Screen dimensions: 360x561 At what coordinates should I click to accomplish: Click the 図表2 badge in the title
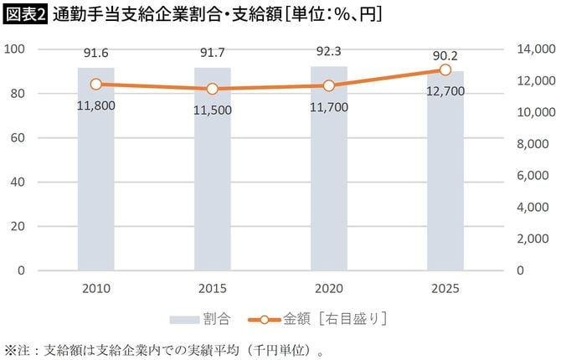25,14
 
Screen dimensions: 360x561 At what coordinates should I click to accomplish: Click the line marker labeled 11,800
95,84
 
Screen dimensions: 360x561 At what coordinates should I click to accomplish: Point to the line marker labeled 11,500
213,89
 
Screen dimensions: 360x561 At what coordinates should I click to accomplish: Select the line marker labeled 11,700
329,85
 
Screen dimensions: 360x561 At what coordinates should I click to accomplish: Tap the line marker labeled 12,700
445,69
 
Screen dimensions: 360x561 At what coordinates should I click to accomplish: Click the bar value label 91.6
95,54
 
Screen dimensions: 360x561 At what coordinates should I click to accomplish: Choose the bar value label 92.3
329,51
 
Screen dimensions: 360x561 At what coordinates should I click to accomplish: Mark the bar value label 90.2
445,56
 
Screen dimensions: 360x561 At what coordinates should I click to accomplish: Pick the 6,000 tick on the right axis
533,176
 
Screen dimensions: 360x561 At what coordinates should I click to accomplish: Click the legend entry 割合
201,319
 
